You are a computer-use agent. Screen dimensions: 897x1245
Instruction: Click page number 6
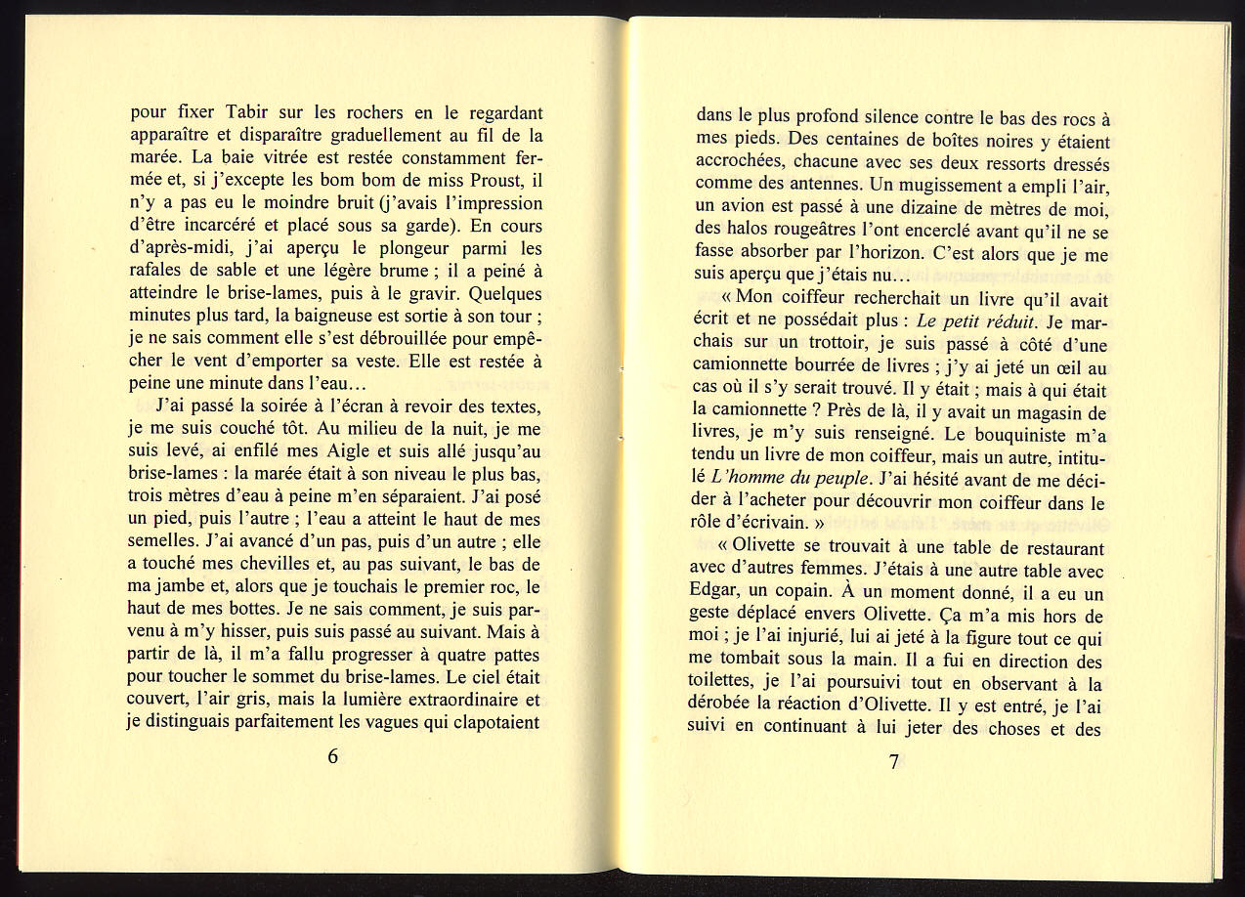point(333,756)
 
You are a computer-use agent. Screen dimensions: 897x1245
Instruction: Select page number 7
point(894,763)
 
